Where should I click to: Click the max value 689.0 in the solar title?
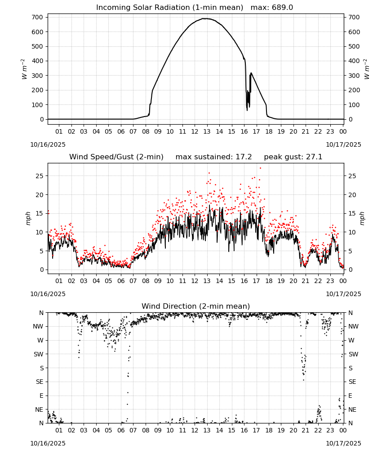[282, 8]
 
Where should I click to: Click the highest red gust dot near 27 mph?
[260, 168]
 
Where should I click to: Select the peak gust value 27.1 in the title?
[314, 157]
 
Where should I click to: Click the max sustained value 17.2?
[244, 157]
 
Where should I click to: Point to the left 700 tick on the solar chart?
[38, 17]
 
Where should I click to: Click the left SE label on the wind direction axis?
[40, 382]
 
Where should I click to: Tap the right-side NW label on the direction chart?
[353, 326]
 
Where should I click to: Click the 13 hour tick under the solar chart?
[207, 131]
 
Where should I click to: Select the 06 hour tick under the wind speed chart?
[120, 281]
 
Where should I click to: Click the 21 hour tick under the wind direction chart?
[306, 430]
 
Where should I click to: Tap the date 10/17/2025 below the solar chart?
[343, 144]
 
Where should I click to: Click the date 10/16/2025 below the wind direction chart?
[48, 443]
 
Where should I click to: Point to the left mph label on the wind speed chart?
[28, 218]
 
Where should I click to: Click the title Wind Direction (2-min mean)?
[196, 306]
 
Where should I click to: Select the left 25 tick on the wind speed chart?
[40, 176]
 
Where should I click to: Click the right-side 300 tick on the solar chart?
[354, 76]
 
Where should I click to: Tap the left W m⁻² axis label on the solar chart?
[24, 69]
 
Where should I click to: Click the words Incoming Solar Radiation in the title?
[143, 8]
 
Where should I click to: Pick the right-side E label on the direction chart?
[350, 396]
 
